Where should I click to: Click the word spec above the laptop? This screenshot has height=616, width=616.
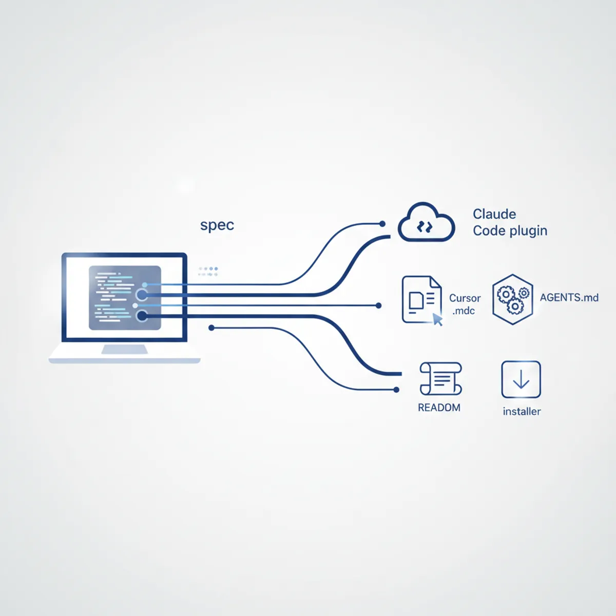coord(217,225)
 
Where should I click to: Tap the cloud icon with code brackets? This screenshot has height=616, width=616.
coord(426,222)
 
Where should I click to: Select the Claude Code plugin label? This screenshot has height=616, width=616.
coord(510,222)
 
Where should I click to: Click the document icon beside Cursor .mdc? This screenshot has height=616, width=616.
coord(422,300)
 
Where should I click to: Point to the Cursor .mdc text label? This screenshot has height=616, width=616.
coord(465,304)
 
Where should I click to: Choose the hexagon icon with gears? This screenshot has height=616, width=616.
coord(512,299)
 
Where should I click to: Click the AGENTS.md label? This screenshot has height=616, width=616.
coord(569,298)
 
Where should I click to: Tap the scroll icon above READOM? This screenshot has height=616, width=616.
coord(440,378)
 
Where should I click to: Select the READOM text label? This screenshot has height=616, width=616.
coord(439,408)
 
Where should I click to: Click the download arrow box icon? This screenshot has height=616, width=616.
coord(521,379)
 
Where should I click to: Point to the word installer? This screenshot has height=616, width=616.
coord(522,411)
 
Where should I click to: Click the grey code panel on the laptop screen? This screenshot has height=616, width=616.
coord(125,298)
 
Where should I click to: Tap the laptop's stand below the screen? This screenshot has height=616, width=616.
coord(124,349)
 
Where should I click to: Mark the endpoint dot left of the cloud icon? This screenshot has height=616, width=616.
coord(382,224)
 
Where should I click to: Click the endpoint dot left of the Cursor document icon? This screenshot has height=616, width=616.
coord(378,305)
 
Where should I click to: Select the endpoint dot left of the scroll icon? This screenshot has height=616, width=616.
coord(396,390)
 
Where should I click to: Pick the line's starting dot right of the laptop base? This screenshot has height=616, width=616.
coord(211,328)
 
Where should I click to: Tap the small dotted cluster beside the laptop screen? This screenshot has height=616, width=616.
coord(208,272)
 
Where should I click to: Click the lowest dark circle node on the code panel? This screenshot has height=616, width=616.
coord(142,316)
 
